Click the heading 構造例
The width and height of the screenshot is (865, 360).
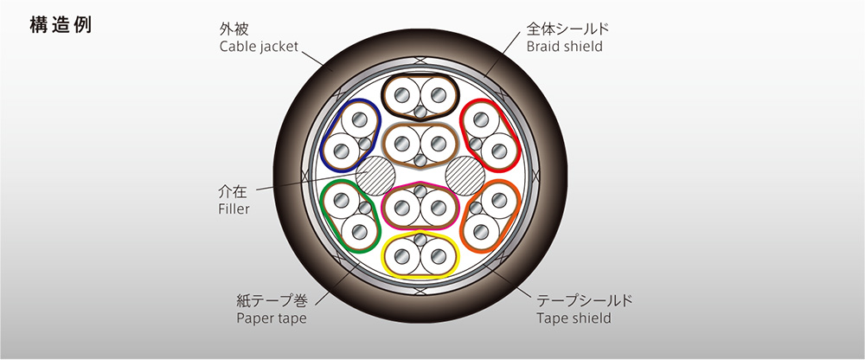click(61, 26)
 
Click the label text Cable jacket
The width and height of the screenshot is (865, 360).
click(259, 47)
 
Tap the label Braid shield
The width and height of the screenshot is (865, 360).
click(564, 47)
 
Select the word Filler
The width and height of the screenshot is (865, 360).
click(234, 209)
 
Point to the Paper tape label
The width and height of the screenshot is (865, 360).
click(272, 318)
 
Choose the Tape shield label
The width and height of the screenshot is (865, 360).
click(573, 318)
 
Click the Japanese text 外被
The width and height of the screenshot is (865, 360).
click(234, 29)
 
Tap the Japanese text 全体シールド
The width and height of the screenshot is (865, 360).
click(567, 29)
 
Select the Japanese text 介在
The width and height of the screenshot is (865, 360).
click(234, 193)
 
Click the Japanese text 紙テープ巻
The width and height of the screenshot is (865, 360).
click(272, 301)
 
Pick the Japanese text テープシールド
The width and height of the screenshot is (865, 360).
click(585, 301)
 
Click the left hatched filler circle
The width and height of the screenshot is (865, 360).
click(375, 175)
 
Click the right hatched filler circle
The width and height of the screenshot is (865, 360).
click(465, 175)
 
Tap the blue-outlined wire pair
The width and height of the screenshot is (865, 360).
click(351, 135)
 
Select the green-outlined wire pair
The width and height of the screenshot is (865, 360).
click(350, 215)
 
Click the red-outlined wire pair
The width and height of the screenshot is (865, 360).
click(490, 135)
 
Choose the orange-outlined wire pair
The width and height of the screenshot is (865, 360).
click(490, 215)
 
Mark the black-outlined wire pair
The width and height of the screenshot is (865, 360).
click(420, 97)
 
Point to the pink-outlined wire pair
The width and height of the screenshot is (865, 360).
click(420, 205)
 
